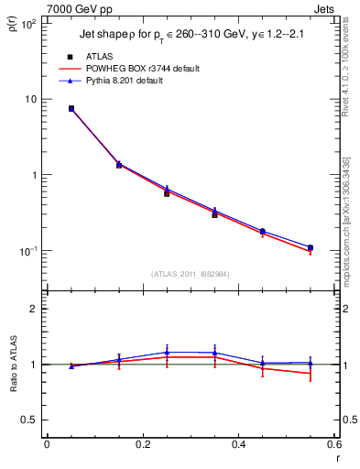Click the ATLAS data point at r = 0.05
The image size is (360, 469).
[71, 108]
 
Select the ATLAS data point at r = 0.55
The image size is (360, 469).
[311, 248]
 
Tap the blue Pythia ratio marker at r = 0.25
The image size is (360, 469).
[167, 352]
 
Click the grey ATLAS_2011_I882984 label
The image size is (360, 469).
[191, 273]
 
